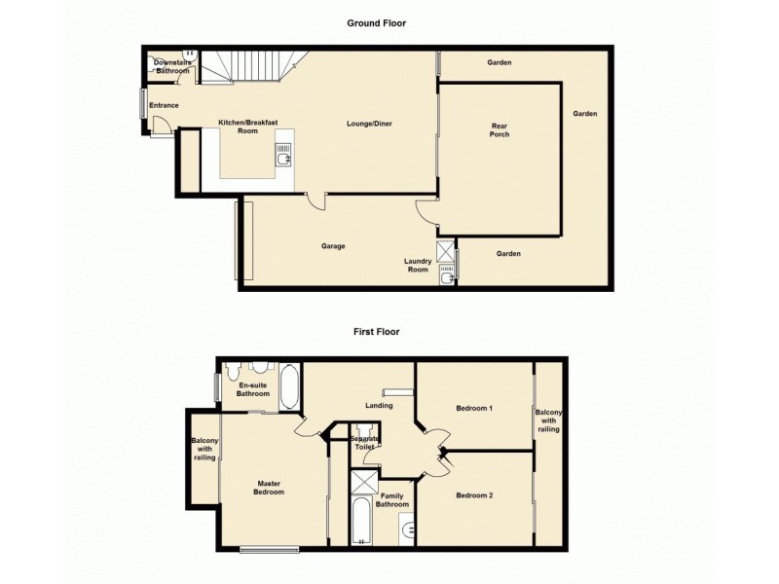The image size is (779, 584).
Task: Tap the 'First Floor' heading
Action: click(376, 331)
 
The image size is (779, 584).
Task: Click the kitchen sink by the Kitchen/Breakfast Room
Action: click(283, 156)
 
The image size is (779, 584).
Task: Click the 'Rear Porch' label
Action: click(499, 130)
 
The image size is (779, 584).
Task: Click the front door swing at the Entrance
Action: click(164, 128)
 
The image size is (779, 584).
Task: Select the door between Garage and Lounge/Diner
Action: click(315, 201)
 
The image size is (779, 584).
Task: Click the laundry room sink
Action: click(446, 277)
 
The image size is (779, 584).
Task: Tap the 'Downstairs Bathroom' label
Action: click(173, 66)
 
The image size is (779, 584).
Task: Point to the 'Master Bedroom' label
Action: click(270, 488)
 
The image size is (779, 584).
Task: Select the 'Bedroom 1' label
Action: click(473, 408)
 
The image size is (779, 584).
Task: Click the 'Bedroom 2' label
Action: click(474, 495)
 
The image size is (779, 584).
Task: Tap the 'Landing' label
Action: click(379, 405)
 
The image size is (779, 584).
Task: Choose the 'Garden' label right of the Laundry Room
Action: click(508, 254)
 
